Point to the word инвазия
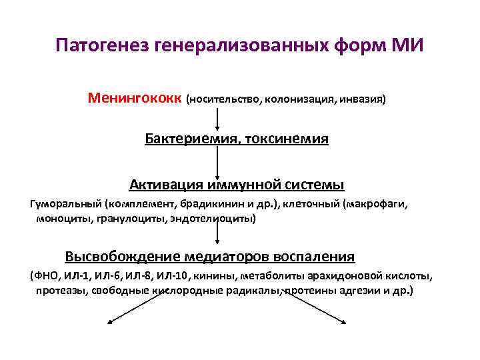pyautogui.click(x=362, y=100)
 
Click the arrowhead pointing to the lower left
pyautogui.click(x=111, y=323)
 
